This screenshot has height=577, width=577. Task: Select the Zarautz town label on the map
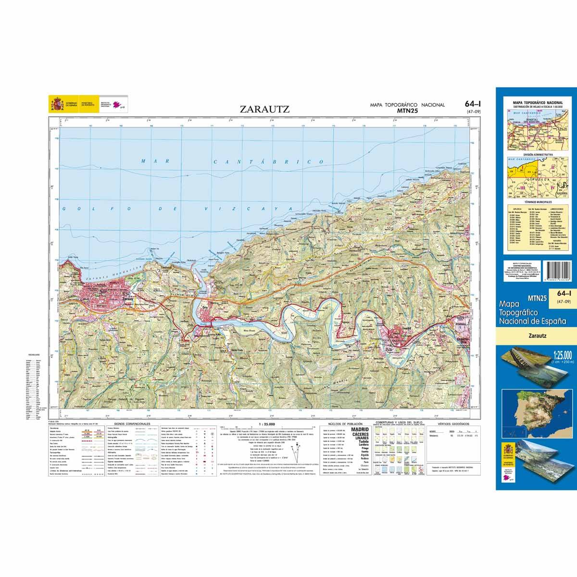[128, 298]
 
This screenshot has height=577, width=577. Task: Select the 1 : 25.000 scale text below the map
[266, 425]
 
